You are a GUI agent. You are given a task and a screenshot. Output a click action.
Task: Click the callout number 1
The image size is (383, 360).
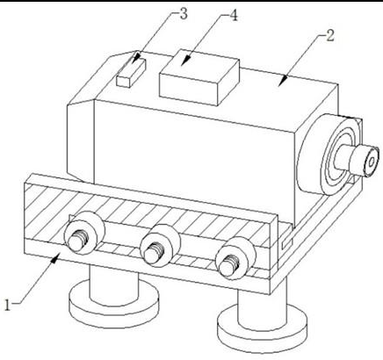point(8,305)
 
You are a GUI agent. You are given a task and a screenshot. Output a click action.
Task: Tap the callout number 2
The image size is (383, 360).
point(329,36)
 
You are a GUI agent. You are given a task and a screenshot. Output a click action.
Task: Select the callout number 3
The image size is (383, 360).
point(184,14)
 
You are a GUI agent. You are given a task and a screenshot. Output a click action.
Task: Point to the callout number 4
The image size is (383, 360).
point(233,16)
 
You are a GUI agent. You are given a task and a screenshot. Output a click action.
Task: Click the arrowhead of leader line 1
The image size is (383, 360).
point(56,258)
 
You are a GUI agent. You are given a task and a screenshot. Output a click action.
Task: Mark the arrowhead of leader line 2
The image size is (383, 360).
point(282,81)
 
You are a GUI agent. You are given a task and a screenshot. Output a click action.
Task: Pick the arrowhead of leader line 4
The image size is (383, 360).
point(185,61)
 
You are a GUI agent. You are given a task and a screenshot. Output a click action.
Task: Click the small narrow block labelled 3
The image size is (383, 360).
point(131,73)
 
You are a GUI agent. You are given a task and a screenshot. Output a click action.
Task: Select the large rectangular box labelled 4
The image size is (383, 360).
point(199,77)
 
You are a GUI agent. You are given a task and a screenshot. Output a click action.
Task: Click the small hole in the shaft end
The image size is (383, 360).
point(372,162)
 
